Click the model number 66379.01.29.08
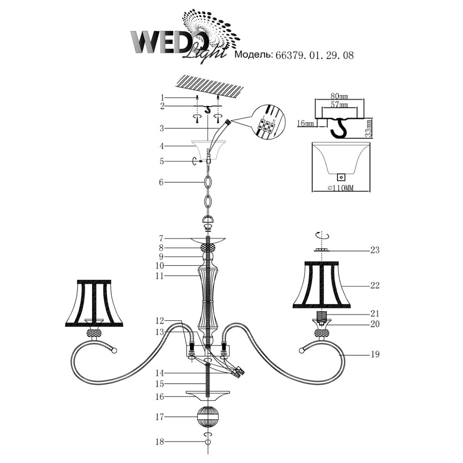(x=314, y=55)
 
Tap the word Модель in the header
(x=253, y=54)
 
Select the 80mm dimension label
(x=339, y=96)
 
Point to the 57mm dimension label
(x=339, y=105)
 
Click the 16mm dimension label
(x=305, y=124)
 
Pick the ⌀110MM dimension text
(x=341, y=188)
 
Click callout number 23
(x=375, y=250)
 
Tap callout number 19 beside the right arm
(x=375, y=354)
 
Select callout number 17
(x=159, y=417)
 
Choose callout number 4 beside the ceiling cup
(x=161, y=146)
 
